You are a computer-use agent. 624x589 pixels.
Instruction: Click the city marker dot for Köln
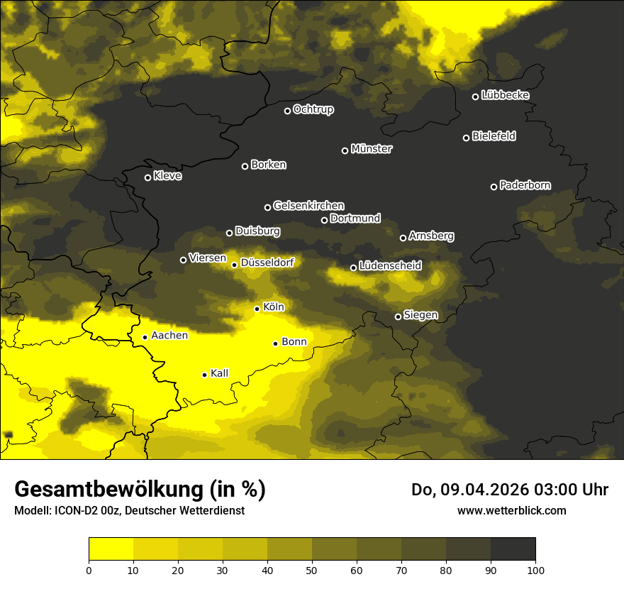tap(257, 309)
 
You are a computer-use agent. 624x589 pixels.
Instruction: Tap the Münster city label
tap(372, 149)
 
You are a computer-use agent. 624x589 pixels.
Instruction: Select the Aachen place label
tap(169, 336)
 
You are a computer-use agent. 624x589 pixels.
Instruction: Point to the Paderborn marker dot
tap(494, 187)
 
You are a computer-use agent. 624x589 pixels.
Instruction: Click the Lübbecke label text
tap(505, 95)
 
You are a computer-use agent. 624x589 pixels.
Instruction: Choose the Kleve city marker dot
tap(147, 177)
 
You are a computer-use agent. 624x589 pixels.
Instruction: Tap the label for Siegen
tap(420, 315)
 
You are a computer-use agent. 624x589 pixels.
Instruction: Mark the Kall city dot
tap(204, 375)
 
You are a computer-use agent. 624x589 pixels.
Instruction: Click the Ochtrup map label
tap(313, 109)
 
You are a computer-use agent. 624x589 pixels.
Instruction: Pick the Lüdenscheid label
tap(390, 266)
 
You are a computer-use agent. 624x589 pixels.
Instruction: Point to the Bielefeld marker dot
tap(466, 138)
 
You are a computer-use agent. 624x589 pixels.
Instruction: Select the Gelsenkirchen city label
tap(308, 206)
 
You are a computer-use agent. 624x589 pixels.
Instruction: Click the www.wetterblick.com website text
tap(511, 510)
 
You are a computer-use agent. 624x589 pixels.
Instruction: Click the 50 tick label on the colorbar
tap(312, 570)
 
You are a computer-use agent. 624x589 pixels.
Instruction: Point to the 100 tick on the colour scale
tap(535, 570)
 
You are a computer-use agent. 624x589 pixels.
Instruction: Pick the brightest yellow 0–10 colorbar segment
tap(111, 549)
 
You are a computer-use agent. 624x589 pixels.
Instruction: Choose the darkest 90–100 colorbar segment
tap(513, 549)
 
